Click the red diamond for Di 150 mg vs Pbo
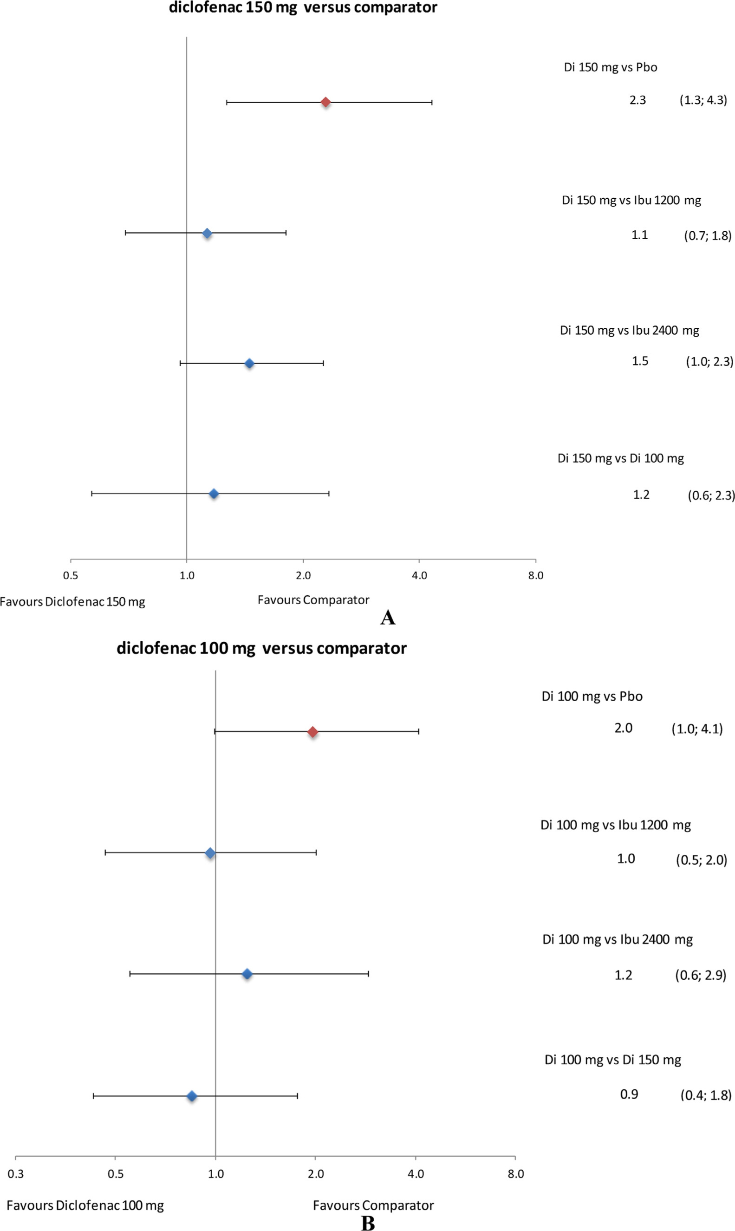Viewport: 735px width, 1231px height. point(325,103)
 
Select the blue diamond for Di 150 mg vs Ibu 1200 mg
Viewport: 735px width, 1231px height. point(207,233)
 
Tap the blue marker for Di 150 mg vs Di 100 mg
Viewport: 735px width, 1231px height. point(214,494)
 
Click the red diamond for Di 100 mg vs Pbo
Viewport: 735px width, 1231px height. point(312,732)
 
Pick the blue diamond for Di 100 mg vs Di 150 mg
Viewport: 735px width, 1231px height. point(192,1096)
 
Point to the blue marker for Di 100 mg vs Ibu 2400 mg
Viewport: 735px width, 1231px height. point(247,974)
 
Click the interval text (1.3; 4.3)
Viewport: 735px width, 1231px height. point(703,100)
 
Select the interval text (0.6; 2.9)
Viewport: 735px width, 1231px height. point(700,975)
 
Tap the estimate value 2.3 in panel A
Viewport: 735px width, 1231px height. point(637,100)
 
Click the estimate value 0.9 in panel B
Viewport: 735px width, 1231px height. point(629,1094)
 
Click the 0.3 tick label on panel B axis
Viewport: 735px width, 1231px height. point(15,1173)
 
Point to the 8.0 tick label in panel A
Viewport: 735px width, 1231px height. point(535,575)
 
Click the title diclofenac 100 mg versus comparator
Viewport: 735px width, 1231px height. point(261,648)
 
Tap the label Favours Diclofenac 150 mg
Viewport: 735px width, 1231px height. point(72,602)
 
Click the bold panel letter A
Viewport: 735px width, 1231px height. point(387,618)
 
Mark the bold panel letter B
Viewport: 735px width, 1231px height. point(368,1223)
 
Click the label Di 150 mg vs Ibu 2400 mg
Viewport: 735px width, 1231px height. point(629,330)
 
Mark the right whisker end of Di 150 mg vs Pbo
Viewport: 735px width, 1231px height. point(432,103)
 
